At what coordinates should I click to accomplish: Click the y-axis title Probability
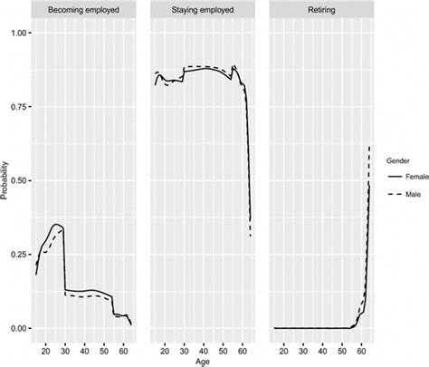tap(5, 180)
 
